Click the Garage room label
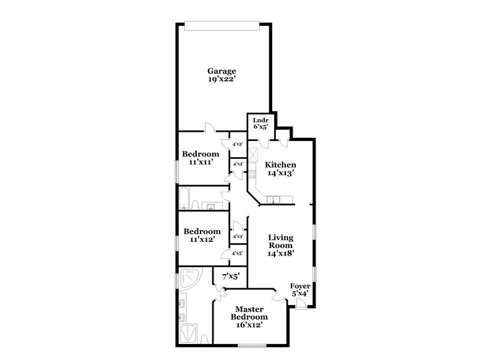click(x=221, y=71)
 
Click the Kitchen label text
click(x=280, y=165)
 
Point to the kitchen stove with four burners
click(x=252, y=174)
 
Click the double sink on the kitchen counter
click(x=275, y=199)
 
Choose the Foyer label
click(x=299, y=286)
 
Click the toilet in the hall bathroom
click(x=195, y=205)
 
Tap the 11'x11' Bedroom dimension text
click(x=200, y=162)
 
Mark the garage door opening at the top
click(x=221, y=25)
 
